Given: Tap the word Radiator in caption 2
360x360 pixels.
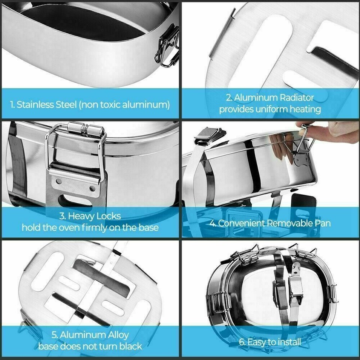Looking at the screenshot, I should coord(297,98).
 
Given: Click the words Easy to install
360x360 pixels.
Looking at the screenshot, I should coord(274,342).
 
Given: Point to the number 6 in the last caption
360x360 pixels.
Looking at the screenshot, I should coord(241,342).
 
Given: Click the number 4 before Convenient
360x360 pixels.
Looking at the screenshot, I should coord(212,223).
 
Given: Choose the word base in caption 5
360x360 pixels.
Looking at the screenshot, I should coord(49,346).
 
